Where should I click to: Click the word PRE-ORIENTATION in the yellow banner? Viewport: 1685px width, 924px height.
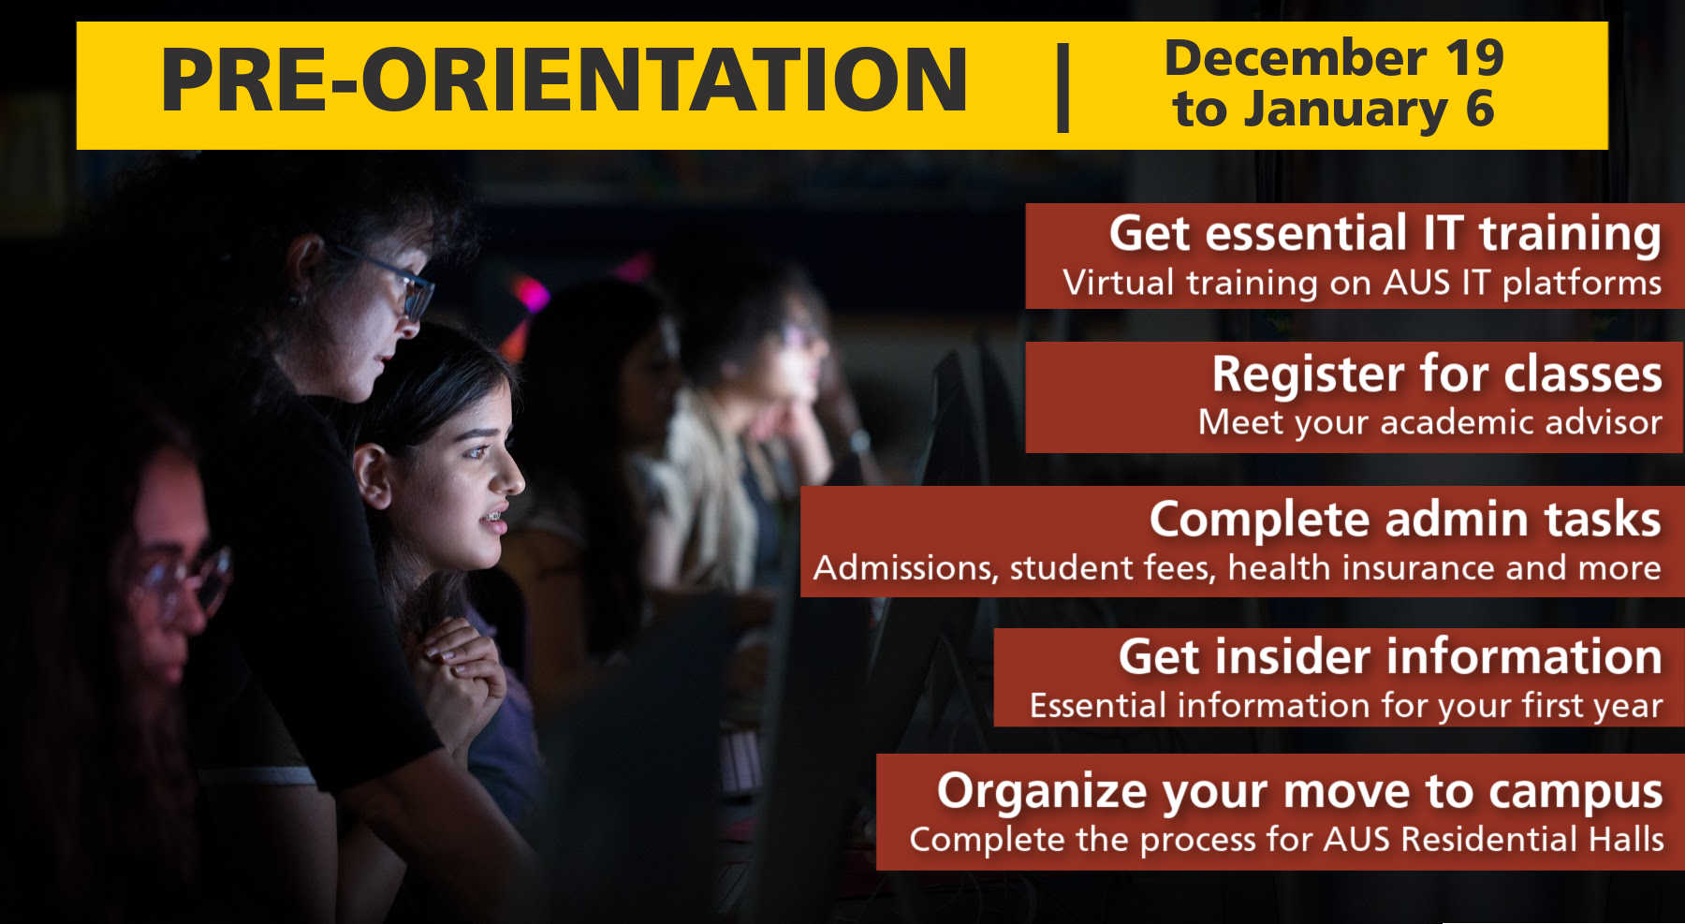(x=564, y=81)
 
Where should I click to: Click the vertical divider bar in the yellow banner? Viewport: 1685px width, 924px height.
(x=1063, y=86)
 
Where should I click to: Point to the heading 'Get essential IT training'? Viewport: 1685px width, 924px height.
(x=1385, y=233)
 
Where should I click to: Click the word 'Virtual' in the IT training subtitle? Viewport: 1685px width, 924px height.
(x=1118, y=283)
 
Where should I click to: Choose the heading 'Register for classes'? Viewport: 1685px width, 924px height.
(x=1437, y=374)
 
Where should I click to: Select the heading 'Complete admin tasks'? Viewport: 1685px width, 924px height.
(x=1405, y=520)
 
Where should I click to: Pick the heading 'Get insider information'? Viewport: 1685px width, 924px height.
(x=1390, y=656)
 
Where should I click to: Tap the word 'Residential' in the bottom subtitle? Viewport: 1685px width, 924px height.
(x=1477, y=839)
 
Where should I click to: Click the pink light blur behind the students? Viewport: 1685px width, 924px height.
(x=531, y=294)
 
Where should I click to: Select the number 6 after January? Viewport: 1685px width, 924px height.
(x=1480, y=110)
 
